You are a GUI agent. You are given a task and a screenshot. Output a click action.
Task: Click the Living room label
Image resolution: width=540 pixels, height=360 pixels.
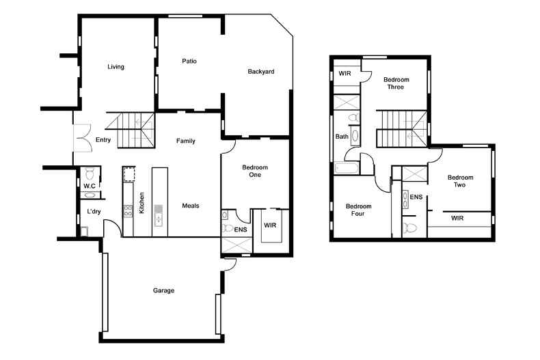pos(116,67)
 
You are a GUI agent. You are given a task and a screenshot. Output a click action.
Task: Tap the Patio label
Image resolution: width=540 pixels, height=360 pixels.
pos(189,61)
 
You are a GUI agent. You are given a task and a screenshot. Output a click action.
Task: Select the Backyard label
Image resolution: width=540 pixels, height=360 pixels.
pos(260,71)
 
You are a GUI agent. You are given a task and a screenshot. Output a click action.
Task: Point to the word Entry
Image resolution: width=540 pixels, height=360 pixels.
pos(103,141)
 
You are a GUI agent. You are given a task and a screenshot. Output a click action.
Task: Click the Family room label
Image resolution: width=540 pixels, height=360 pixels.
pos(186,141)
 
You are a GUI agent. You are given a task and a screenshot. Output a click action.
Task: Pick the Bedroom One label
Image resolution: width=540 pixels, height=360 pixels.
pos(255,171)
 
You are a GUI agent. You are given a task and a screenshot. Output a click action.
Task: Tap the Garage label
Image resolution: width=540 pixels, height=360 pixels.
pos(163,291)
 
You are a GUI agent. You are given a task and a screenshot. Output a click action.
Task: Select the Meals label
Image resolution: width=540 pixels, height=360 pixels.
pos(191,206)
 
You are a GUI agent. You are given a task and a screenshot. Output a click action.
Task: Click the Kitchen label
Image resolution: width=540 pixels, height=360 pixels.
pos(141,204)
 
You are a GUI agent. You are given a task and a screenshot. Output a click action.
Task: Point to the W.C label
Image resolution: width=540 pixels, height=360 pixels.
pos(90,186)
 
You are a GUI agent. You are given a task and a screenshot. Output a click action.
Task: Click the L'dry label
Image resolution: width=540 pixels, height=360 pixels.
pos(94,212)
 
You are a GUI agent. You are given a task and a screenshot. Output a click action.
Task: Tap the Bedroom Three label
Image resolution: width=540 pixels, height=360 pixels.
pos(396,83)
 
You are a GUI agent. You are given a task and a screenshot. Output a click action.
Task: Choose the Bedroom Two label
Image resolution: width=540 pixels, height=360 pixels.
pos(461,181)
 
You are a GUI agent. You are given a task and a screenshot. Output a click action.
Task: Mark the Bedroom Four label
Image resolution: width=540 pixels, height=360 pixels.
pos(358,210)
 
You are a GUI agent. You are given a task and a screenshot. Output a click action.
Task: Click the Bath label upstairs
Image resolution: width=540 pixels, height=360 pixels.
pos(342,137)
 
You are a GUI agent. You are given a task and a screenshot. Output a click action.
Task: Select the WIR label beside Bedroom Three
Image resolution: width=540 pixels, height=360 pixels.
pos(345,72)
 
